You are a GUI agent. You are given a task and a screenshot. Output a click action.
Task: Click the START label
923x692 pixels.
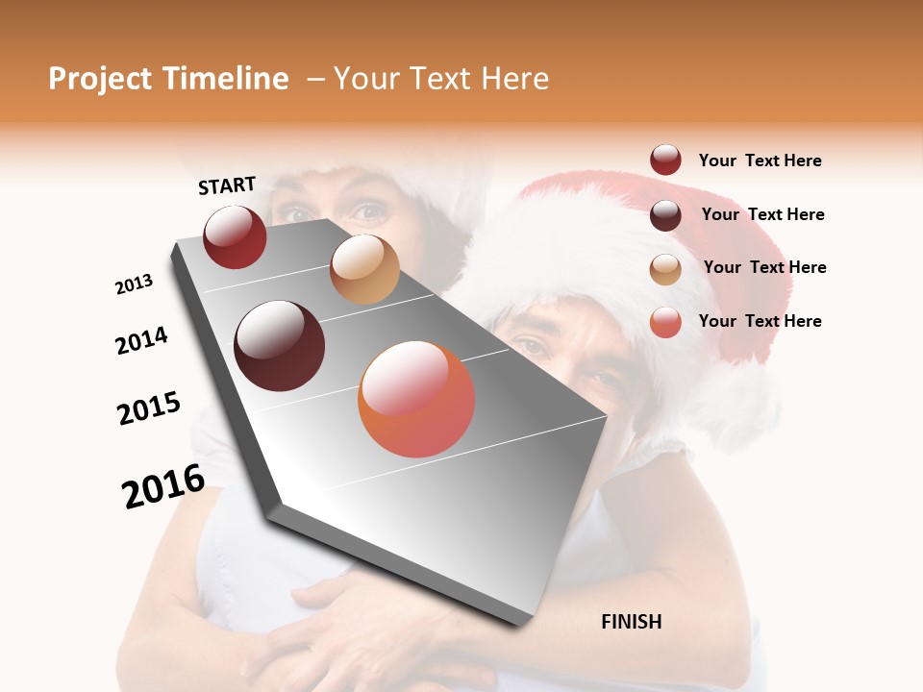(x=227, y=185)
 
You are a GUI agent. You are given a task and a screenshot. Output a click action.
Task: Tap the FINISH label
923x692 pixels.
(x=631, y=622)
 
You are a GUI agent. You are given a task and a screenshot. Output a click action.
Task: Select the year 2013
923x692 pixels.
(x=134, y=284)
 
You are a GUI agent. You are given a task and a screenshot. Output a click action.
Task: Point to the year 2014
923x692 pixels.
(x=141, y=341)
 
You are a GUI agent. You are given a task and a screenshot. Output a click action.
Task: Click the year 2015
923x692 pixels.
(x=149, y=408)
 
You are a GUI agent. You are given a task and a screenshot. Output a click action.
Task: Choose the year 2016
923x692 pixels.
(x=163, y=486)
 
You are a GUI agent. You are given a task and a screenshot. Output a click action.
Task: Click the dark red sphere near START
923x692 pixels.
(x=235, y=236)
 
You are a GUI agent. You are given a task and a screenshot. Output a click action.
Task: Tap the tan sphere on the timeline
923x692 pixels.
(x=364, y=269)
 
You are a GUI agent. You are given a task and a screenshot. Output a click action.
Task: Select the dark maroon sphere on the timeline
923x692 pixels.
(x=280, y=346)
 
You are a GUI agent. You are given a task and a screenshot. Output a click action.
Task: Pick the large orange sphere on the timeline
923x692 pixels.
(x=416, y=399)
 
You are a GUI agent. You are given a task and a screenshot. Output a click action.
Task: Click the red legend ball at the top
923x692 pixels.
(x=665, y=161)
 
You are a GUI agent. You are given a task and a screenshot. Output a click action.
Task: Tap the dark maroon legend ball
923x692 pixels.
(x=665, y=215)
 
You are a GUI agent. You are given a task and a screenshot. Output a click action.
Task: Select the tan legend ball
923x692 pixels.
(x=665, y=269)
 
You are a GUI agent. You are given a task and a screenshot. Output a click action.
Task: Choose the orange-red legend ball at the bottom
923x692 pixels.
(x=665, y=322)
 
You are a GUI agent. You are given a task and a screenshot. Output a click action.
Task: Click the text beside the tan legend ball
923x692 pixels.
(x=764, y=267)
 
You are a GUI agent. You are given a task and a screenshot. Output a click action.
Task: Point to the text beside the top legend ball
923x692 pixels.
(x=760, y=161)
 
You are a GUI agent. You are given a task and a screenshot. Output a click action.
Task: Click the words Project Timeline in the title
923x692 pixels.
(x=168, y=79)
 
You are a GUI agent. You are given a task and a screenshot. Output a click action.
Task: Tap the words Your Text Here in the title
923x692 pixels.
(x=440, y=79)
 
